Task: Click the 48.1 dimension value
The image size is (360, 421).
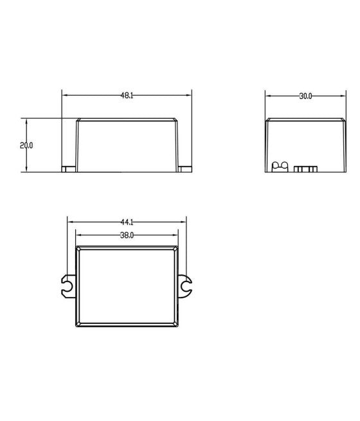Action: tap(127, 95)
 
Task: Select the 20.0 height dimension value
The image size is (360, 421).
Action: tap(26, 145)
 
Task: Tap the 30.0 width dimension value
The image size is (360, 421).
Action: tap(305, 96)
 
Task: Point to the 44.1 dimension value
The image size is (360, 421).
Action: tap(127, 222)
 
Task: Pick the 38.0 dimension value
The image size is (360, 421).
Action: tap(127, 235)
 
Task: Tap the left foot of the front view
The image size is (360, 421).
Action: tap(68, 169)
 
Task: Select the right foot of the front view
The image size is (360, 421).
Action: tap(186, 169)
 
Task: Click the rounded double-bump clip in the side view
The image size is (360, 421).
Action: tap(280, 167)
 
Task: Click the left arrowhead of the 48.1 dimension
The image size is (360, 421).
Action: tap(64, 95)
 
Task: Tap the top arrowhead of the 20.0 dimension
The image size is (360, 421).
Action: tap(26, 121)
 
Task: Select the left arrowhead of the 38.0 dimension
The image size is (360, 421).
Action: tap(78, 235)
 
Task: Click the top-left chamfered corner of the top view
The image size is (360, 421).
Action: tap(78, 247)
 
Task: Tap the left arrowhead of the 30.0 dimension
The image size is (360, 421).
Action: tap(268, 96)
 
